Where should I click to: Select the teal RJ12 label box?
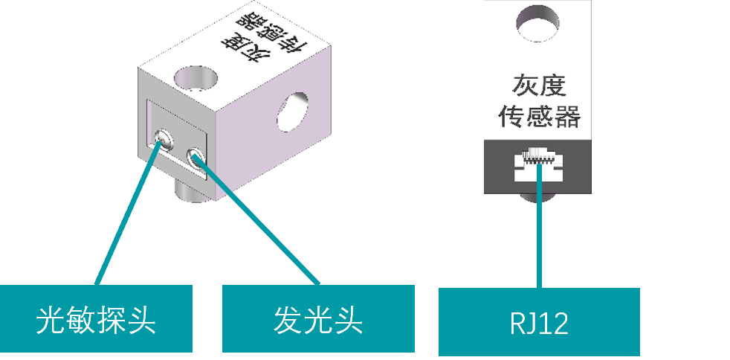click(539, 322)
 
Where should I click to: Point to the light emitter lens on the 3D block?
click(197, 157)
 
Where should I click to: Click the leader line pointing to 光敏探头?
click(126, 216)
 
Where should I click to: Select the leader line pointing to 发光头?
click(260, 223)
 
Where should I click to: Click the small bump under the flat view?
click(538, 198)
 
